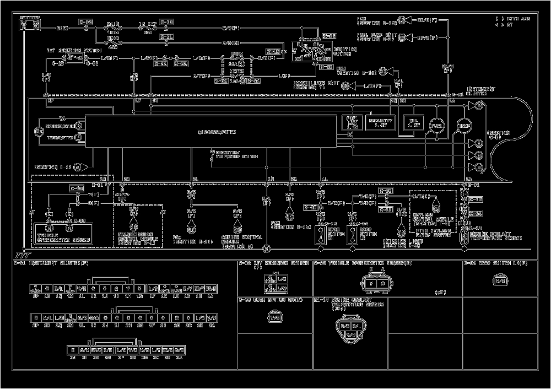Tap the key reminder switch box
pos(75,58)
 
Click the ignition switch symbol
pos(311,51)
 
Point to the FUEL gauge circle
pos(436,126)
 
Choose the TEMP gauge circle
pos(462,126)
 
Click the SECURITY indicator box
pos(380,122)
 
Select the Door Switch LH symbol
pos(351,235)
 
